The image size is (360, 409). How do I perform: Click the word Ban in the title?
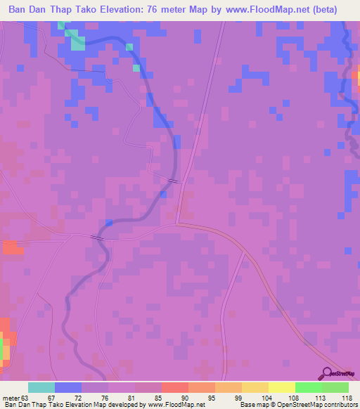tap(22, 10)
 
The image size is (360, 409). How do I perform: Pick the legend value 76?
tap(91, 397)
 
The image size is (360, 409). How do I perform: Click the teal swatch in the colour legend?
tap(41, 387)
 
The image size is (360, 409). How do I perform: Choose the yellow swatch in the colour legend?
tap(281, 387)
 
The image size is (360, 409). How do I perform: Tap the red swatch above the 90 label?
tap(175, 387)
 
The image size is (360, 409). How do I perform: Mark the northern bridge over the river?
tap(173, 181)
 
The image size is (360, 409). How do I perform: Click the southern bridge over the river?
tap(98, 238)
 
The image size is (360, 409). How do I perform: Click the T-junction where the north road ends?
tap(179, 224)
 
